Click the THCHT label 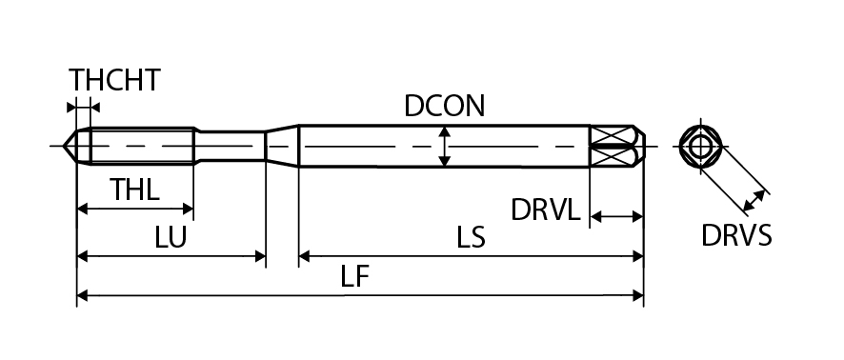114,80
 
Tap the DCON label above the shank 445,106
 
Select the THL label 134,190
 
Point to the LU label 171,237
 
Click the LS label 471,237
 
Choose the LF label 355,276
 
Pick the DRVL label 546,210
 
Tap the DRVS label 736,235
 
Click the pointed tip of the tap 64,146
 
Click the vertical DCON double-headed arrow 444,146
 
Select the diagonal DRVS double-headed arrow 754,201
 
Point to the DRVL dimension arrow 617,217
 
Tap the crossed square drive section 611,146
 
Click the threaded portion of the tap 142,146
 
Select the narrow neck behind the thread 231,146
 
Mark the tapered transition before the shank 282,146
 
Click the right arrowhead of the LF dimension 638,295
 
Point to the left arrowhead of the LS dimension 305,256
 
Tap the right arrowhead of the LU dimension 260,256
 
